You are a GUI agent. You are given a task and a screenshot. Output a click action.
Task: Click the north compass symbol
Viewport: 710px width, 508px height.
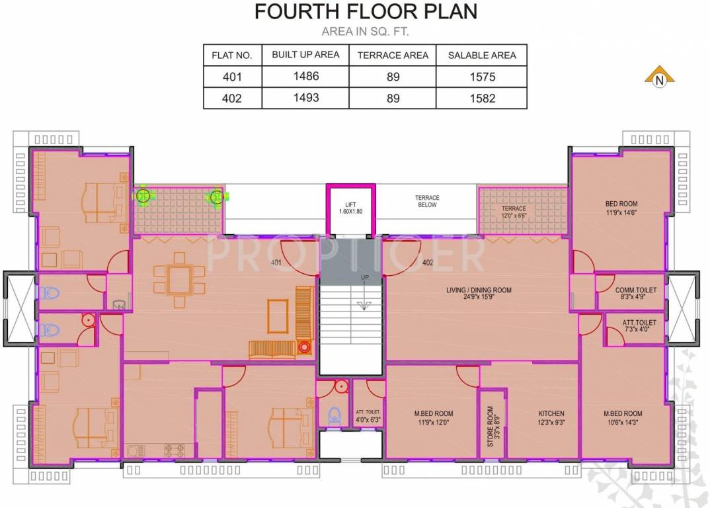pos(659,77)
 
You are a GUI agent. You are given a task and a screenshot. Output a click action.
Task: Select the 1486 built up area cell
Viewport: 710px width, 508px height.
pos(305,77)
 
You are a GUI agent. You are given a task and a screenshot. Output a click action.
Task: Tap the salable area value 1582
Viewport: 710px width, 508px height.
pos(482,99)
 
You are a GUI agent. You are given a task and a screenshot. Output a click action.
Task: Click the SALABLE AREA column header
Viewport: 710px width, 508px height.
pos(482,56)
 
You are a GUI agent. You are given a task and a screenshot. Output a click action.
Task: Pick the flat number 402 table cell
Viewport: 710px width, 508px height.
pos(232,99)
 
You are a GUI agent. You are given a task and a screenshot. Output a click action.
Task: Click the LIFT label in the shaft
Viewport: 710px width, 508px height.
pos(350,208)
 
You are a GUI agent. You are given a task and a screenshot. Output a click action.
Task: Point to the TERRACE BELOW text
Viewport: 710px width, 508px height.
pos(427,201)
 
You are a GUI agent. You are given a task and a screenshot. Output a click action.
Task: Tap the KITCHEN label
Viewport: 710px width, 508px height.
pos(551,418)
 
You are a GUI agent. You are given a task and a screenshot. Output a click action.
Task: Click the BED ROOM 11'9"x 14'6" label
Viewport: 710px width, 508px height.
pos(621,208)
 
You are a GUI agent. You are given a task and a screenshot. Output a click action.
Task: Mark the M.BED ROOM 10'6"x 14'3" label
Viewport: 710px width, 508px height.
pos(622,418)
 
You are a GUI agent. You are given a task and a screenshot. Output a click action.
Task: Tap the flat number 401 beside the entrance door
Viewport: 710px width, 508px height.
pos(276,263)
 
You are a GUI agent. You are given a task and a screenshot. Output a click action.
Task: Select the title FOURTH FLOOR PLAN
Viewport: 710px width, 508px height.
pos(366,12)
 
